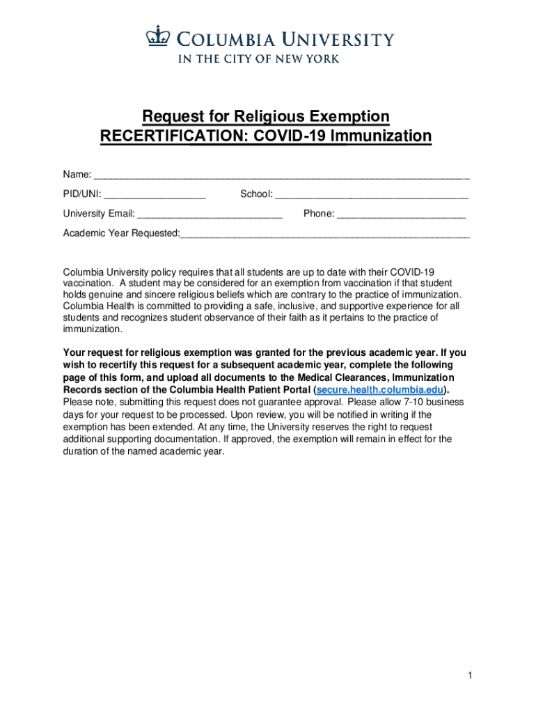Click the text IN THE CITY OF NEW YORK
259,59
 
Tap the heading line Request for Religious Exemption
266,116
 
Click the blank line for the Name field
281,175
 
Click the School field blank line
372,194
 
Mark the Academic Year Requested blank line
324,233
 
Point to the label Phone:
319,214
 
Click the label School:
256,194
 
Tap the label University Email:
99,214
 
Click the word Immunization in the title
381,136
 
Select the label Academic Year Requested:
121,233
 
